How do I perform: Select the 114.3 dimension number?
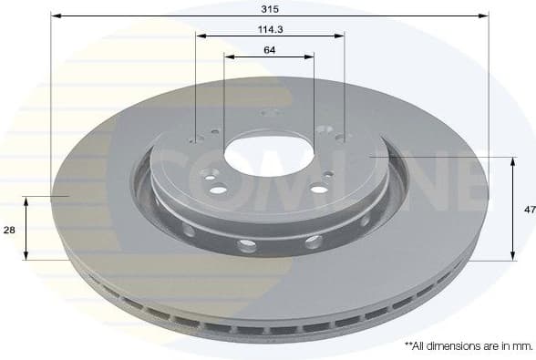[x=269, y=28]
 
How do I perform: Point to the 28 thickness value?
[x=9, y=231]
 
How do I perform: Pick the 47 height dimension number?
[x=529, y=210]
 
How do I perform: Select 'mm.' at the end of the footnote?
[x=521, y=346]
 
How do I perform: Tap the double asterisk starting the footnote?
[x=407, y=345]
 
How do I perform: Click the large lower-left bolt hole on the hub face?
[x=218, y=190]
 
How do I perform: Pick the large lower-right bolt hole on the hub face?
[x=319, y=189]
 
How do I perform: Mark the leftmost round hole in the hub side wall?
[x=189, y=230]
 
